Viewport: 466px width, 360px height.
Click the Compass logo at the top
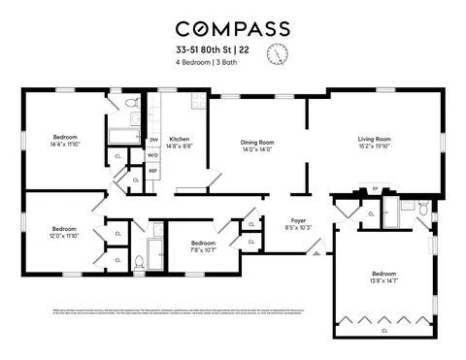(x=232, y=28)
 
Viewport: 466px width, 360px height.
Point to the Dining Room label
(x=258, y=143)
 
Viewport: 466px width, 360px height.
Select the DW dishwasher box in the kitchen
(x=153, y=140)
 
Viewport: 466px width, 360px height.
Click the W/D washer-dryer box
(x=152, y=155)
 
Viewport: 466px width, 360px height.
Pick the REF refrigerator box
(x=152, y=172)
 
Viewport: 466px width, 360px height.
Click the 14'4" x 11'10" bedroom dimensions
(x=65, y=144)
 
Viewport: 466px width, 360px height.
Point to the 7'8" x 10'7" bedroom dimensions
(x=203, y=249)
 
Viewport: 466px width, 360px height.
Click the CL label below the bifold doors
(x=385, y=330)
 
